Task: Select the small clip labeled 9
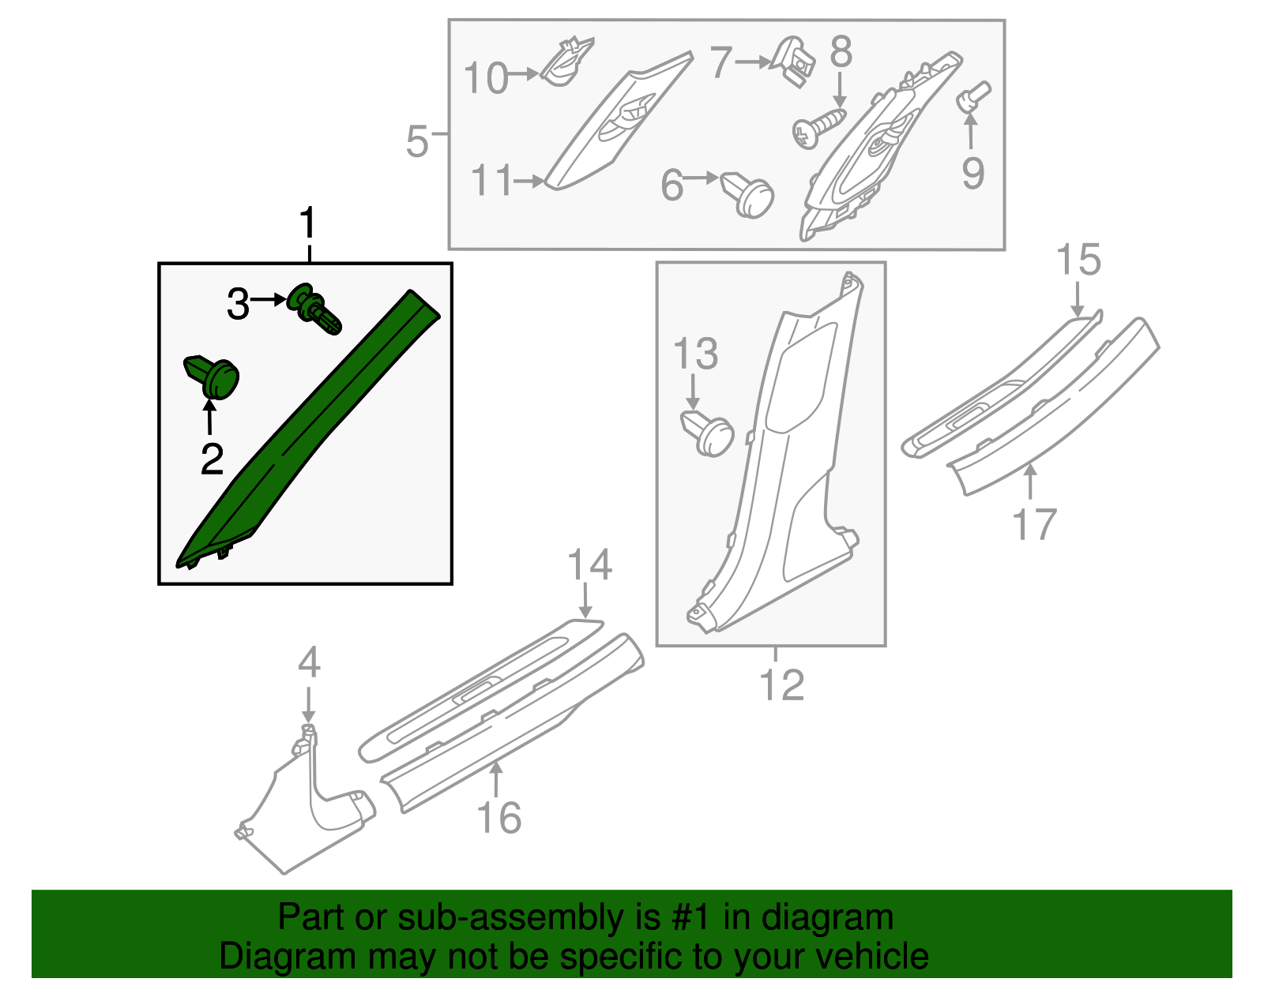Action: [973, 98]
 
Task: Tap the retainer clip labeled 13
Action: [708, 433]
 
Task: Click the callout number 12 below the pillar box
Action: [781, 684]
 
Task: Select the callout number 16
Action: [499, 818]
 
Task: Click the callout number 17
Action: [1035, 523]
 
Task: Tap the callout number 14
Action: [589, 565]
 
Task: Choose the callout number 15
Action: [1078, 260]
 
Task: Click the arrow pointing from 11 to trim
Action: [528, 182]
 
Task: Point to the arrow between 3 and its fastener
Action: [269, 300]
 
